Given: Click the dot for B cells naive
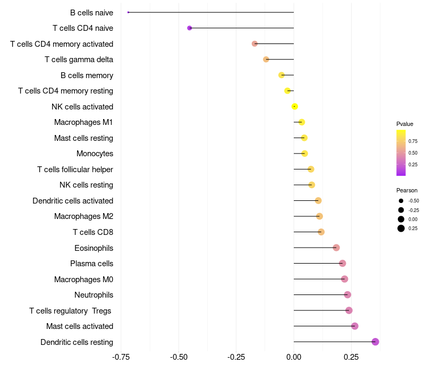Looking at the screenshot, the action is [x=128, y=12].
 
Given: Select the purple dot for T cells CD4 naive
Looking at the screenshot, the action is [x=190, y=28].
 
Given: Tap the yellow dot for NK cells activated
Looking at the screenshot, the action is [x=295, y=107].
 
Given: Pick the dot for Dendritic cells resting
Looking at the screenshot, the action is [x=375, y=342].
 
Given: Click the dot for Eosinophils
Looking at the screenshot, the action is [x=336, y=248].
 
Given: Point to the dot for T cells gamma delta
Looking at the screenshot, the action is [x=266, y=60].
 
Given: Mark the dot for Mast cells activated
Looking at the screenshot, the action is [x=354, y=326].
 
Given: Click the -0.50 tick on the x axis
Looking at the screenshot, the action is [x=178, y=357].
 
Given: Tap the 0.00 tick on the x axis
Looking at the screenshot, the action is [x=294, y=357].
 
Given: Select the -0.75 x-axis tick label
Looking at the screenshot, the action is [x=121, y=357].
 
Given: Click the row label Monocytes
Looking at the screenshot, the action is [x=95, y=154].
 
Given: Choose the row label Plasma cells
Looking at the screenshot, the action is [x=91, y=264].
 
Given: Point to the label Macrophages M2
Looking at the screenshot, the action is [x=83, y=216].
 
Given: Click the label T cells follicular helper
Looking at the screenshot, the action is [x=75, y=169].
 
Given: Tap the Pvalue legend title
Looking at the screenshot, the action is [x=405, y=124].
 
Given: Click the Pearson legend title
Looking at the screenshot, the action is [x=407, y=190].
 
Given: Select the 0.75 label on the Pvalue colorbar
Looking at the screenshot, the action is [x=413, y=141].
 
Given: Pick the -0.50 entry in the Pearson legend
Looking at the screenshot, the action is [x=413, y=201].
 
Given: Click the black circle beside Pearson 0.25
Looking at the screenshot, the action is [x=401, y=229].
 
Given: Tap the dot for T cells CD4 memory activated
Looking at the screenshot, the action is [x=254, y=44].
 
